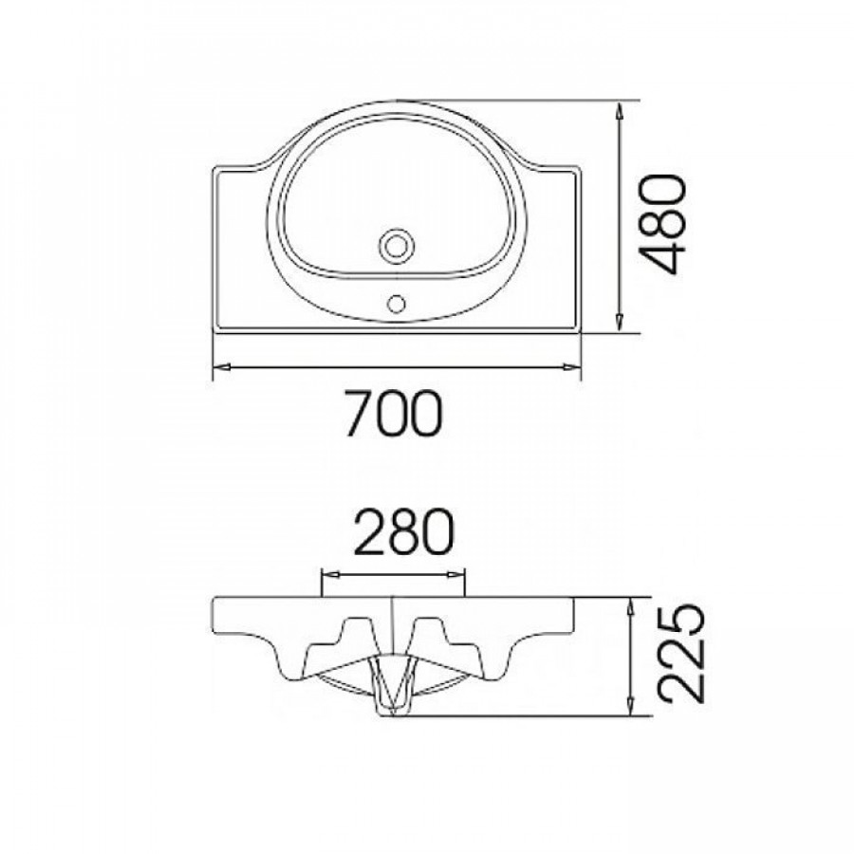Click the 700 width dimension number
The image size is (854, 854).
point(394,413)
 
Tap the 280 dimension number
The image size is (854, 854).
point(403,532)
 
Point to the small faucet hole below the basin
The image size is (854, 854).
point(396,304)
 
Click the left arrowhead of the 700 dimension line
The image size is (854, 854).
point(220,367)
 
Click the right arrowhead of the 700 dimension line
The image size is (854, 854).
point(572,367)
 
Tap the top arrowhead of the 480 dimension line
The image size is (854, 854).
point(620,111)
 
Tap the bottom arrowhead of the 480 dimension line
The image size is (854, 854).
point(620,323)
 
